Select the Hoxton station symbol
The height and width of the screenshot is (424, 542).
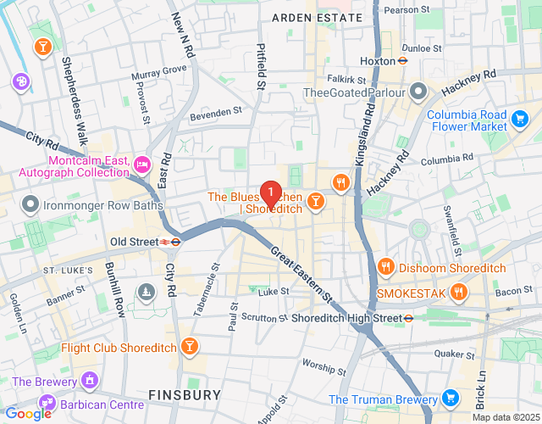403,61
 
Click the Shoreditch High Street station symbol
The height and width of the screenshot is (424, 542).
407,318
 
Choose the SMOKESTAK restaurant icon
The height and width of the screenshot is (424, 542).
458,293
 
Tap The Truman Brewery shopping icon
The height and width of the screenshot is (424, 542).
450,399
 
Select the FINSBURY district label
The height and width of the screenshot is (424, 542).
185,394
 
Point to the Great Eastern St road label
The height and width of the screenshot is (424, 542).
301,273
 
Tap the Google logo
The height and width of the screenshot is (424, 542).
28,413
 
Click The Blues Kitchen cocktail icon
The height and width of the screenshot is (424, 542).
315,201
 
